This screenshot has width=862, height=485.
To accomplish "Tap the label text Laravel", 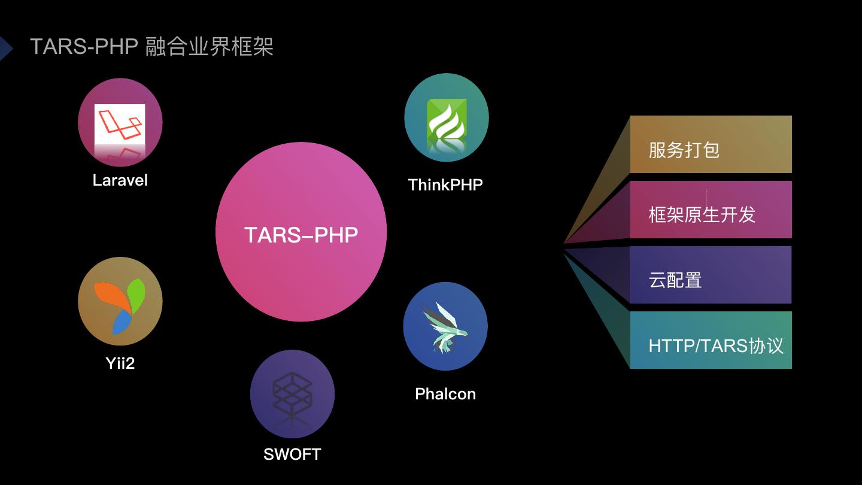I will pos(120,180).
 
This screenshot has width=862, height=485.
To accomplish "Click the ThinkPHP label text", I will pos(445,185).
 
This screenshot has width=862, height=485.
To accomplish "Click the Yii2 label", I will pos(120,363).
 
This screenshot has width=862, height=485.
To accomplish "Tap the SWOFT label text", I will pos(292,454).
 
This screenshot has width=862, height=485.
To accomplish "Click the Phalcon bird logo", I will pos(445,326).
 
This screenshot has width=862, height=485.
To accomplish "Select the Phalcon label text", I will pos(445,394).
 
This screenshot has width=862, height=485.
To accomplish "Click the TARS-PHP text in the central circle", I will pos(301,235).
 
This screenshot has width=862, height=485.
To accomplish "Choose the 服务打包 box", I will pos(711,144).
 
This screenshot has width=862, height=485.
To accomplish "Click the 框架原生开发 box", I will pos(711,210).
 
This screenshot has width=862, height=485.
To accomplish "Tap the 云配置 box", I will pos(711,275).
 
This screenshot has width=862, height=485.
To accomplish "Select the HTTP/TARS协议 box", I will pos(711,340).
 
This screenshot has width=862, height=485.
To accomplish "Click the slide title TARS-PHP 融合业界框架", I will pos(151,47).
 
